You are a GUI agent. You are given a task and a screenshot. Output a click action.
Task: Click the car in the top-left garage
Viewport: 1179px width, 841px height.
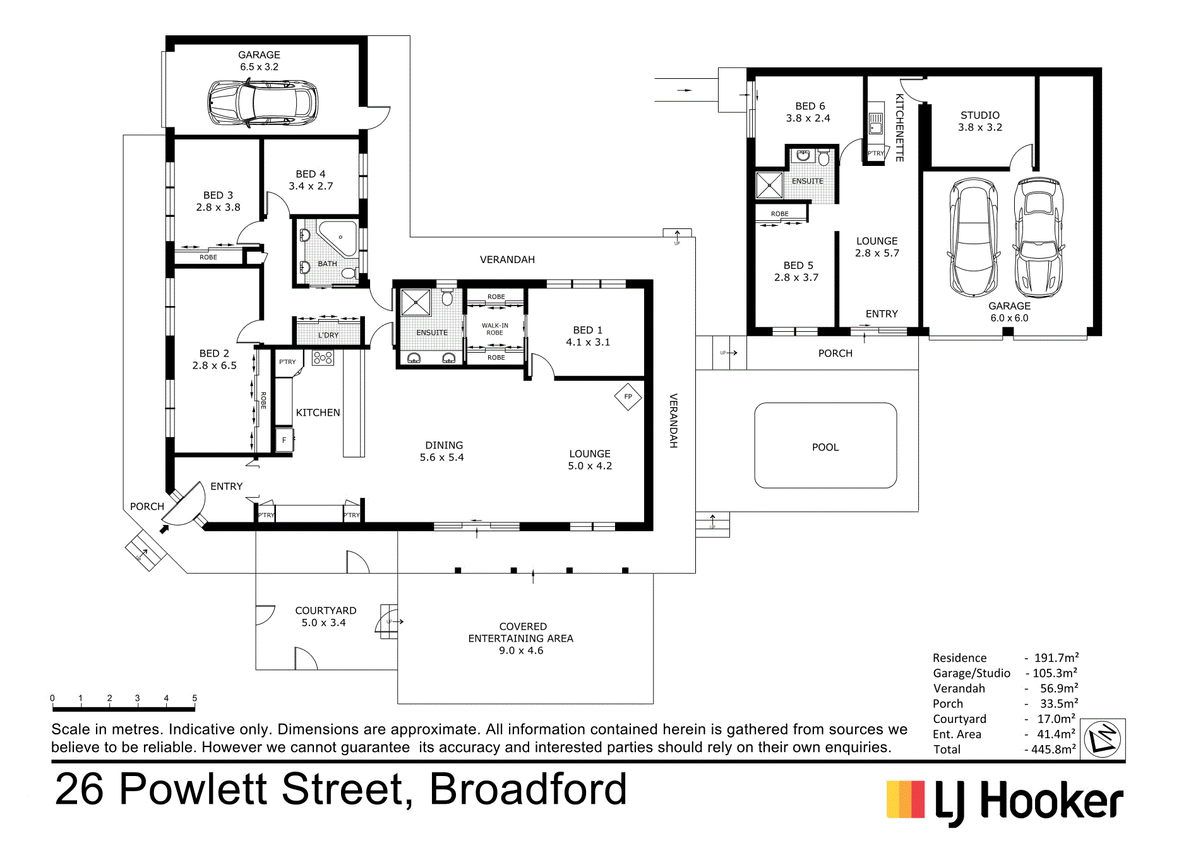(x=263, y=102)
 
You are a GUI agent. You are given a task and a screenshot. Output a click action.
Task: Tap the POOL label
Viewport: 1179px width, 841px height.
(x=825, y=447)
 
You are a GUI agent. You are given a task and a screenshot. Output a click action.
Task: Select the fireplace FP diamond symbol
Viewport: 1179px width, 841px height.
(x=628, y=397)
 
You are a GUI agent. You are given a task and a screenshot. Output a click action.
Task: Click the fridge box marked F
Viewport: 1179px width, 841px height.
(x=284, y=440)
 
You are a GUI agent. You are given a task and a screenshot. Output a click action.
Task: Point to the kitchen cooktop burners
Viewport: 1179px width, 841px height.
(x=323, y=358)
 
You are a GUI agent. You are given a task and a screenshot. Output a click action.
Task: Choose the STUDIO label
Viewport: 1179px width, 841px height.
(x=980, y=115)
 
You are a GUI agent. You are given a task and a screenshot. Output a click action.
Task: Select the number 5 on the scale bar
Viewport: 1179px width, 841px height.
(x=195, y=698)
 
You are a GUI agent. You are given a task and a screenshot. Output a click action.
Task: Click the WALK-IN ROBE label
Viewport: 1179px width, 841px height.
(x=494, y=329)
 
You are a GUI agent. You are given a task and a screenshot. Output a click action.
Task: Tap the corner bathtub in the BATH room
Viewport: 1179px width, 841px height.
(x=338, y=238)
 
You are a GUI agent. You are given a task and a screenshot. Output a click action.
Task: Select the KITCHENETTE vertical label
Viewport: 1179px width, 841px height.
(x=900, y=127)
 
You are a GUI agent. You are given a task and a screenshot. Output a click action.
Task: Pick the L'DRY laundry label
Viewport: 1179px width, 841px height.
(x=328, y=335)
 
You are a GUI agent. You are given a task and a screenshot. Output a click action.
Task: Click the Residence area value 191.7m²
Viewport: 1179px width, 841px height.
(x=1056, y=658)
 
